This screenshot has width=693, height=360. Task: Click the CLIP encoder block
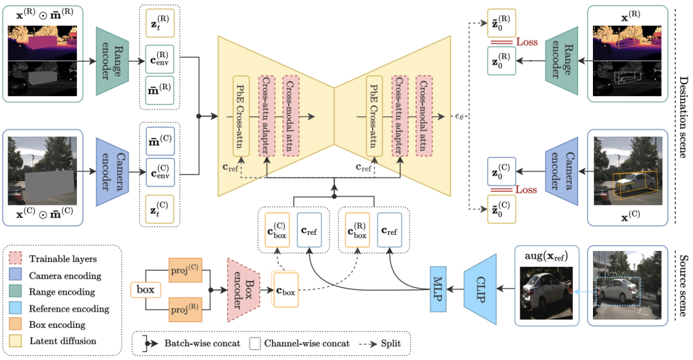[481, 289]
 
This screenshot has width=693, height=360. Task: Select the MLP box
[438, 289]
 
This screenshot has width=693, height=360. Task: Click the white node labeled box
[146, 289]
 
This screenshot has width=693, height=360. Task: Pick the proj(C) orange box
[185, 271]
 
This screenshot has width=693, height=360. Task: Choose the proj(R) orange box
[185, 309]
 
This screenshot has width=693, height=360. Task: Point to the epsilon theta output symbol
[459, 117]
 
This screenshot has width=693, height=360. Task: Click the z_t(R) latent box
[160, 24]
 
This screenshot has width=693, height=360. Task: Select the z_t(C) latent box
[160, 209]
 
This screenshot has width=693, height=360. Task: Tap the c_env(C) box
[160, 171]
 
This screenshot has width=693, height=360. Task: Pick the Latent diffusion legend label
[63, 341]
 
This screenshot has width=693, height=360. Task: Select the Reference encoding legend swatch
[15, 308]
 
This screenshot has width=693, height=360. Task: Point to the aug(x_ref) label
[546, 256]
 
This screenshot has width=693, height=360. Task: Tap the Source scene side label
[683, 284]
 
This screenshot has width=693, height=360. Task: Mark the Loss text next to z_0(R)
[527, 42]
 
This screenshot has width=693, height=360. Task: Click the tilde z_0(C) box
[501, 209]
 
